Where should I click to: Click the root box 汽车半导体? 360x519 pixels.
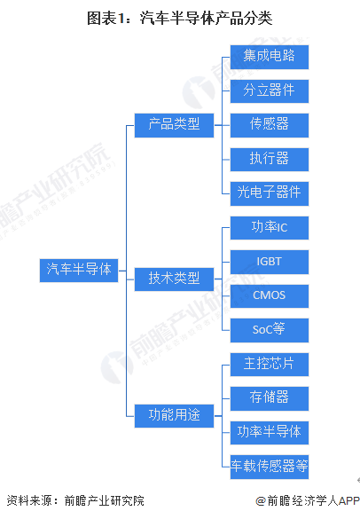[79, 271]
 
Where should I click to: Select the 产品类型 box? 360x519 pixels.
[174, 125]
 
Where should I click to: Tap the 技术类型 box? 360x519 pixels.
[174, 279]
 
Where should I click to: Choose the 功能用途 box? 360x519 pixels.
[174, 416]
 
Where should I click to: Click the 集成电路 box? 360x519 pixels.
[270, 58]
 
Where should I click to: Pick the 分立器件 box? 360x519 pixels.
[270, 91]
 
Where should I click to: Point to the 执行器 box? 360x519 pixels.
[270, 160]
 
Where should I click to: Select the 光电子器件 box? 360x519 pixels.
[270, 193]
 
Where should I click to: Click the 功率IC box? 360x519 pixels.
[270, 228]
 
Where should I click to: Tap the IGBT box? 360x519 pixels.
[270, 262]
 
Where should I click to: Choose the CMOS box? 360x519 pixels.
[270, 296]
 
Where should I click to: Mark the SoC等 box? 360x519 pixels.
[270, 330]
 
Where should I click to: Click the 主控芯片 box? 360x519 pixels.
[270, 365]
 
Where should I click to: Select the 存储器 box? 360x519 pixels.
[270, 398]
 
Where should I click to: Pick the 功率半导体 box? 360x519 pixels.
[270, 433]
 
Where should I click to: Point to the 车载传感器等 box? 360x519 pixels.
[270, 467]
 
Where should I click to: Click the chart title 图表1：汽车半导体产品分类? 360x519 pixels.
[180, 18]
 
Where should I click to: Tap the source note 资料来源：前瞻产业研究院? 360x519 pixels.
[75, 500]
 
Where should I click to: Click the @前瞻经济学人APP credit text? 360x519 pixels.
[308, 500]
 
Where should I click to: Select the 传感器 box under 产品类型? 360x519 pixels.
[270, 125]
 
